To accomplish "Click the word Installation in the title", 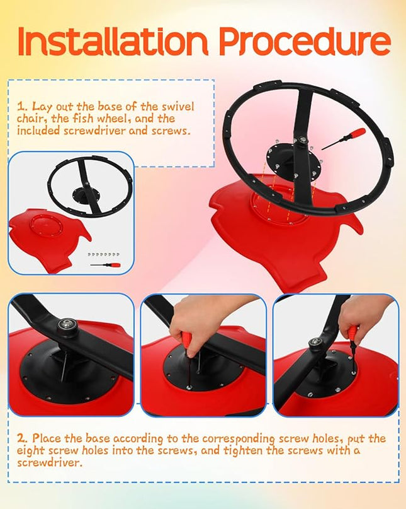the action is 113,41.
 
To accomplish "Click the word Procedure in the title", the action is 305,42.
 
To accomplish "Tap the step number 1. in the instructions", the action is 23,107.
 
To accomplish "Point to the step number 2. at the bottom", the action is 23,438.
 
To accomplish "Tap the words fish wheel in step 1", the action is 102,119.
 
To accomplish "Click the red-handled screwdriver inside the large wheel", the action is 344,139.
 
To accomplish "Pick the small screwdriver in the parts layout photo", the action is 105,265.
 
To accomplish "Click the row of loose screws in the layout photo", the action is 103,255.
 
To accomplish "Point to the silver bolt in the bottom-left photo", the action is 67,324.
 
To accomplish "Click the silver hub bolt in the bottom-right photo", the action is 315,341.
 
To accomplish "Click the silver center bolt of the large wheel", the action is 303,140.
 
